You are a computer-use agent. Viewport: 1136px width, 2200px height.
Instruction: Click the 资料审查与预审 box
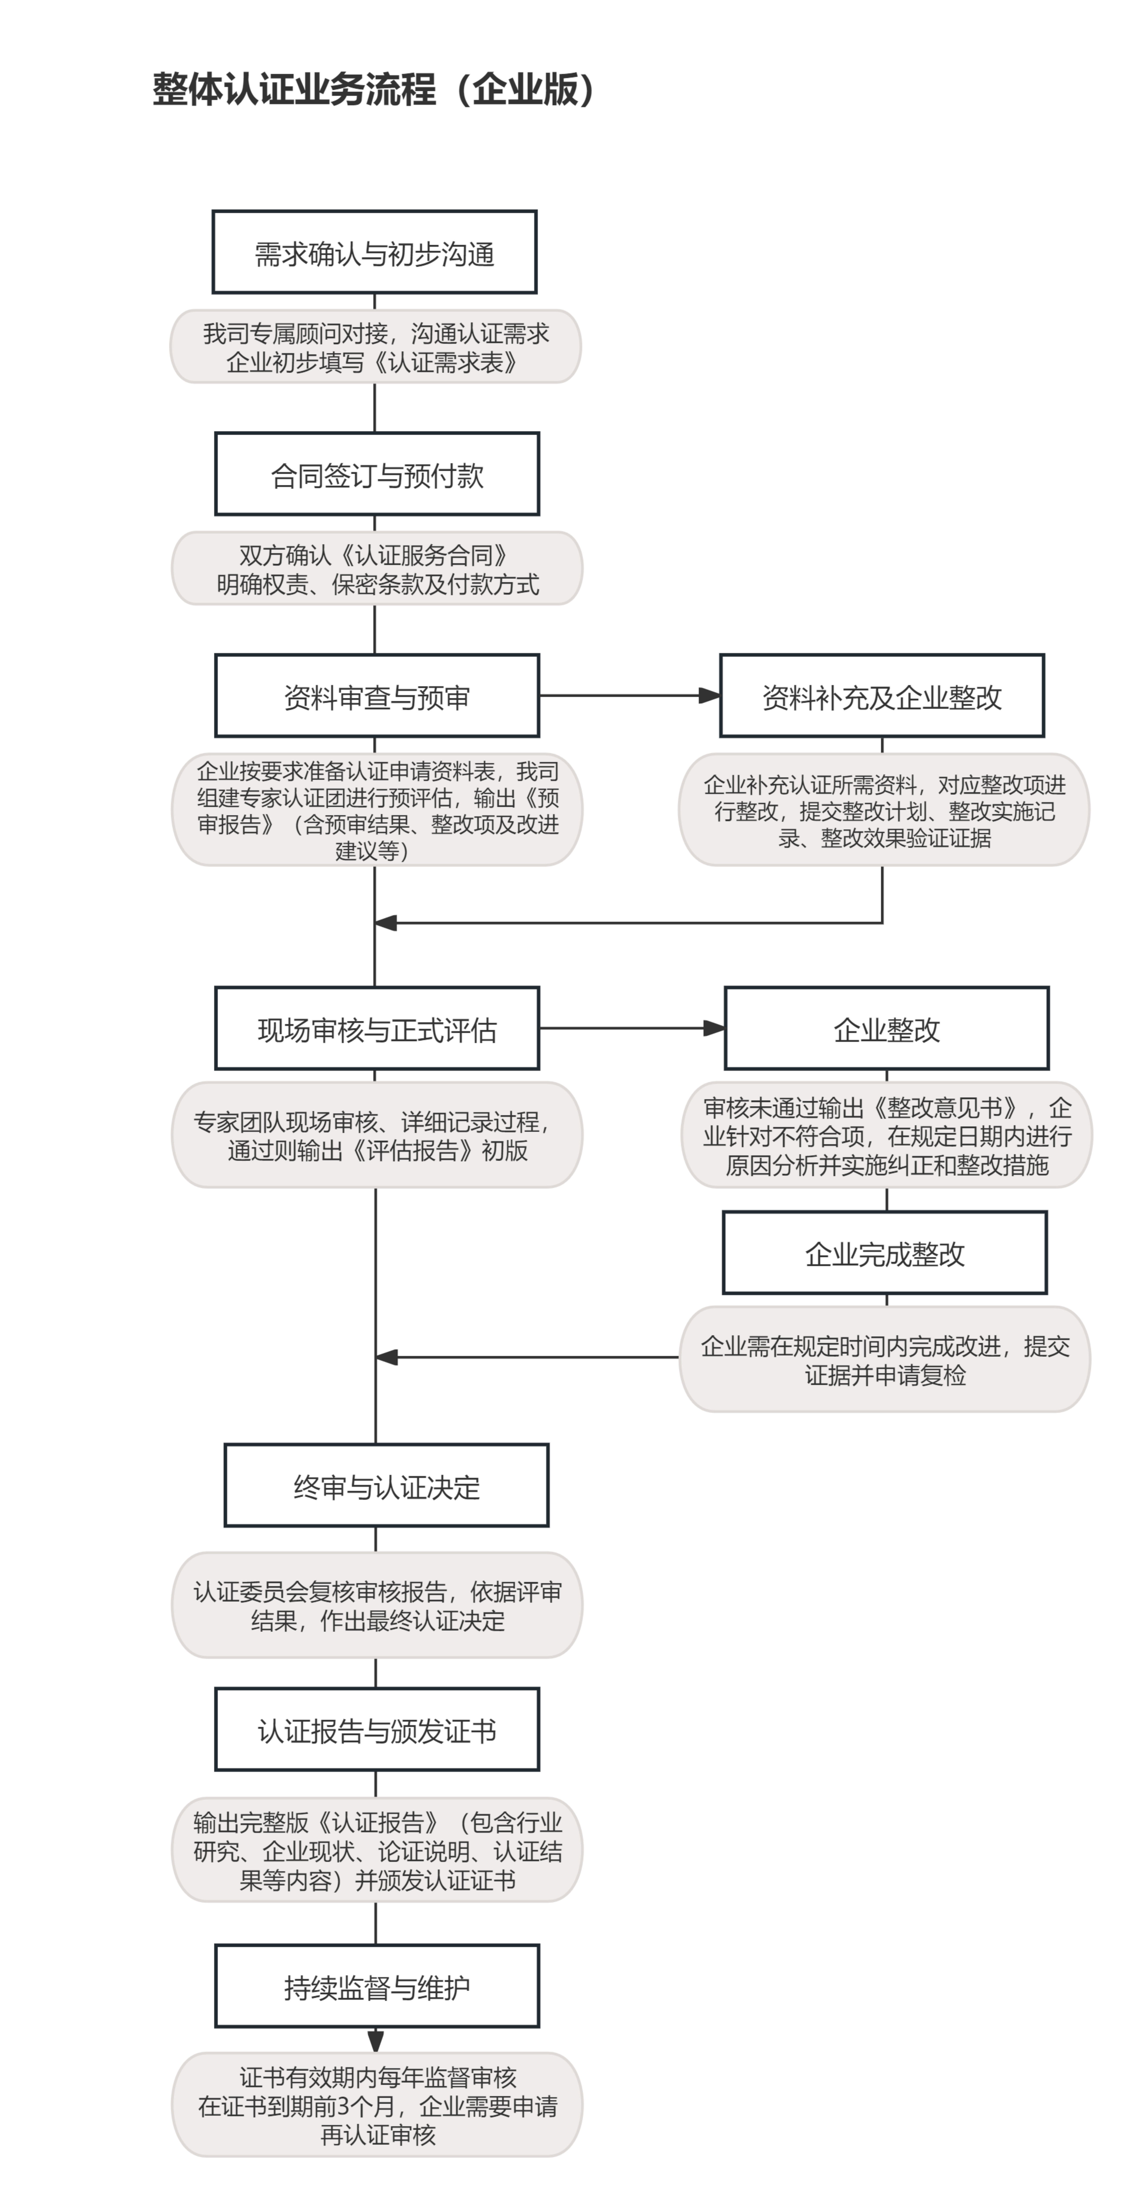coord(377,696)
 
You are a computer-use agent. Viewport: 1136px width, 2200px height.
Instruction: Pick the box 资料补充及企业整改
coord(882,696)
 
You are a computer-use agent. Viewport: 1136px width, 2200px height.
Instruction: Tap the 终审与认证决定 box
coord(386,1486)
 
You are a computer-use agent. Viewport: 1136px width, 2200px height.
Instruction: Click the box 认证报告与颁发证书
coord(377,1730)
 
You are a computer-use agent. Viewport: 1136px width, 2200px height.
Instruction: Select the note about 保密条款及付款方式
coord(377,569)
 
